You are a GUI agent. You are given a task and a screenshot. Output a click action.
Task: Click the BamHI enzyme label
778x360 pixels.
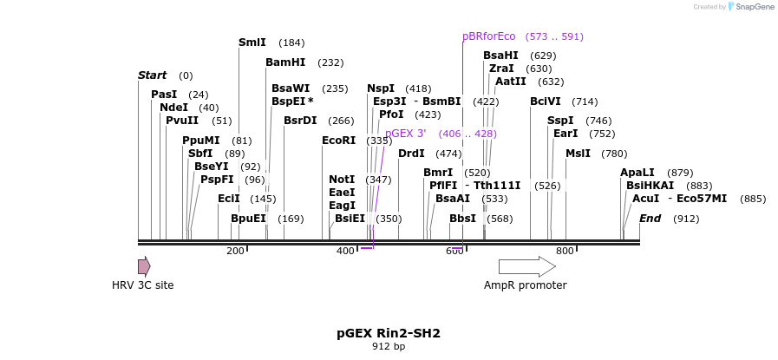[285, 62]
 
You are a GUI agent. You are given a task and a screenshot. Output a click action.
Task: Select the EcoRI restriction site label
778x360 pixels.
[338, 141]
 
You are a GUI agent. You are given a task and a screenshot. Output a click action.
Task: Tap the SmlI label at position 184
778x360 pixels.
[252, 43]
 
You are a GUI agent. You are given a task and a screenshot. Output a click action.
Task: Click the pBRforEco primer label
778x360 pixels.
[488, 36]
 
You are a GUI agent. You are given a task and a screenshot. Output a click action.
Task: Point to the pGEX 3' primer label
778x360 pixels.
[406, 134]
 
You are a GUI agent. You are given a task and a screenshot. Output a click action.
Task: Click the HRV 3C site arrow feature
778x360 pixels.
[144, 266]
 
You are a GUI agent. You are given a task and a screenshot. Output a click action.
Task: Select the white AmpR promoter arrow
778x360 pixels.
[527, 266]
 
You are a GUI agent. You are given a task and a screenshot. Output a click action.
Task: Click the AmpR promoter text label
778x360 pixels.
[526, 285]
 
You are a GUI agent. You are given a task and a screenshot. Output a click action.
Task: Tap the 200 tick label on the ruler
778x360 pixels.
[235, 252]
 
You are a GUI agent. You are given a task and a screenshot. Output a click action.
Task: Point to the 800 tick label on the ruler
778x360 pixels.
[565, 252]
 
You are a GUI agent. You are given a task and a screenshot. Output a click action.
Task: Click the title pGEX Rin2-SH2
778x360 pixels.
[389, 333]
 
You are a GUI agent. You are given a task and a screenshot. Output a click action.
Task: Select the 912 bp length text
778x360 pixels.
[389, 347]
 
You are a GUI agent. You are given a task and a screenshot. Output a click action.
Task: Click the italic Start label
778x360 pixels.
[152, 75]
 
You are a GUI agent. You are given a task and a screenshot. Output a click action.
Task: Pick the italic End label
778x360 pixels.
[650, 219]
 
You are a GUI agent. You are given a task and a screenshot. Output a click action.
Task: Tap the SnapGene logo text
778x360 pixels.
[751, 7]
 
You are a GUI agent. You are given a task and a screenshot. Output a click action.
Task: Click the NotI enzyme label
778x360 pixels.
[342, 180]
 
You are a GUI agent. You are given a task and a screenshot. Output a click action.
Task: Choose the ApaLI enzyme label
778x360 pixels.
[637, 173]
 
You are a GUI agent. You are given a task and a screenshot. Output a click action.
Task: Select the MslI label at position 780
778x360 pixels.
[578, 154]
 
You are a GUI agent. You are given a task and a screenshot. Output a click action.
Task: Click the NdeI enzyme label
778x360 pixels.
[173, 108]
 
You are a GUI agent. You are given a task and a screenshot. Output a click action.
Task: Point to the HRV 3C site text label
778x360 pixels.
[143, 285]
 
